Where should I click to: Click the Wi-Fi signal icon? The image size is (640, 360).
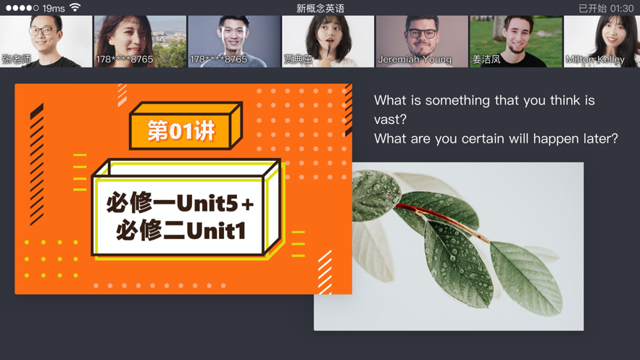[75, 8]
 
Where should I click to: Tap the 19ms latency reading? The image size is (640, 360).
[54, 9]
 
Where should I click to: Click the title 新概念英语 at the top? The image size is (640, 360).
[320, 9]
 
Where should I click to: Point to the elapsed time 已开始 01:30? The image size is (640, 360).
[606, 9]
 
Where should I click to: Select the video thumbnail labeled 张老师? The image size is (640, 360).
[46, 41]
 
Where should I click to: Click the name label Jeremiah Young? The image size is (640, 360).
[415, 59]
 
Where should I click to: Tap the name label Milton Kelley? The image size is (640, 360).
[595, 59]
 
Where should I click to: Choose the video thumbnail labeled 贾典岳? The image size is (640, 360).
[328, 41]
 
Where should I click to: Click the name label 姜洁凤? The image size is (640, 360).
[486, 59]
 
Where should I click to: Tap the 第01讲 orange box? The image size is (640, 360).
[182, 130]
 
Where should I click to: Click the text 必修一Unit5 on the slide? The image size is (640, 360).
[173, 203]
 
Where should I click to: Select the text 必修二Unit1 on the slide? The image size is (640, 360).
[181, 230]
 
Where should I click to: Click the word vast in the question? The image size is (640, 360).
[390, 119]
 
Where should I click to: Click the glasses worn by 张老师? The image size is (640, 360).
[44, 31]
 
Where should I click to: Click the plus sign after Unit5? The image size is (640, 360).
[248, 205]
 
